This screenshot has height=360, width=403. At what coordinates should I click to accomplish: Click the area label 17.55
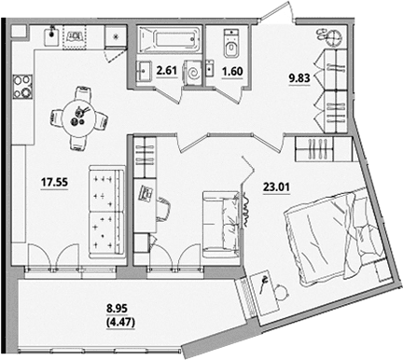[x=54, y=183]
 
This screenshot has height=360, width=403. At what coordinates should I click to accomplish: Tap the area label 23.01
[x=276, y=187]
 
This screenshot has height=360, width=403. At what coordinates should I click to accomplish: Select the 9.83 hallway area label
[x=299, y=78]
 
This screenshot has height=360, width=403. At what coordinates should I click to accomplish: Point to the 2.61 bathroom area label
[x=167, y=71]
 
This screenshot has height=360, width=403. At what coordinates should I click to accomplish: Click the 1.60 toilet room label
[x=232, y=72]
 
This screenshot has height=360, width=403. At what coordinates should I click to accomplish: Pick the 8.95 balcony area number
[x=117, y=309]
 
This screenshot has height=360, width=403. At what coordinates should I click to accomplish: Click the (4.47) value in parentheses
[x=120, y=323]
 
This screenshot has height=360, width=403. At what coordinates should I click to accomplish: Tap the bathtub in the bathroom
[x=170, y=39]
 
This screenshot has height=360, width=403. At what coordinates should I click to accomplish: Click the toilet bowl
[x=231, y=44]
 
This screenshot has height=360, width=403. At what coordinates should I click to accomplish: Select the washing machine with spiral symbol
[x=193, y=74]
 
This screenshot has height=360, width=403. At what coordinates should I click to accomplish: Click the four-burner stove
[x=22, y=87]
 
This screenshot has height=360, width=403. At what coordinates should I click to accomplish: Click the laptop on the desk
[x=145, y=193]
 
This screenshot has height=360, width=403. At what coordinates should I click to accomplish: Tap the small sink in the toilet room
[x=210, y=68]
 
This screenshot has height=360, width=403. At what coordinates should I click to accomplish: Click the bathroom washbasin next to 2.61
[x=144, y=71]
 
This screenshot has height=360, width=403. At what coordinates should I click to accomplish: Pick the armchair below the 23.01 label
[x=221, y=225]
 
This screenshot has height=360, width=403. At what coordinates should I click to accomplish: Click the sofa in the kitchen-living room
[x=106, y=213]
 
